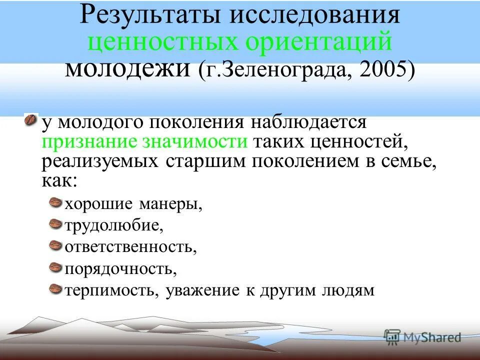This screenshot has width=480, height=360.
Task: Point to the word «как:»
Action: coord(59,180)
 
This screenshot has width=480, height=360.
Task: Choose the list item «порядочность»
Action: coord(120,268)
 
